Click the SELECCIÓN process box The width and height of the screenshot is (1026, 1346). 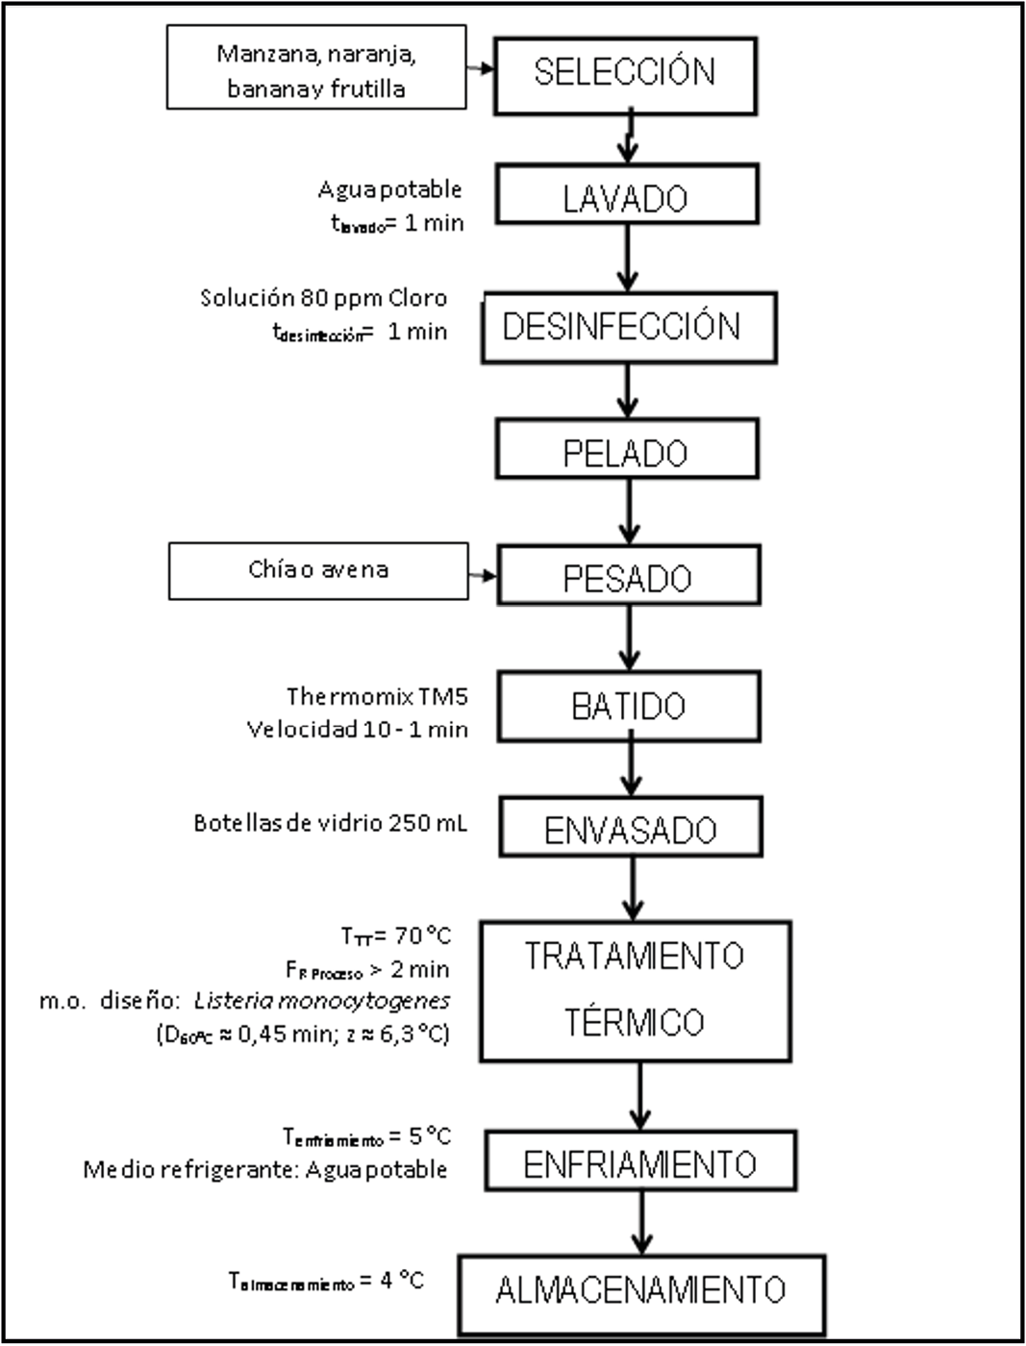click(625, 74)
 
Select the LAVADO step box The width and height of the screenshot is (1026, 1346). click(627, 195)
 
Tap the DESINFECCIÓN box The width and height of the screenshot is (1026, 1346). click(629, 327)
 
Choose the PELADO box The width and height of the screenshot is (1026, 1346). click(627, 449)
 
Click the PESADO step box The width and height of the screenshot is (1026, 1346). click(628, 576)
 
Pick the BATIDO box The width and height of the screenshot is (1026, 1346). click(629, 705)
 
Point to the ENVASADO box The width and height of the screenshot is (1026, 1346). click(630, 827)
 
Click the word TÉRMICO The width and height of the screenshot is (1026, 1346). click(634, 1022)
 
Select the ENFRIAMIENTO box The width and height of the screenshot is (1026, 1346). click(640, 1161)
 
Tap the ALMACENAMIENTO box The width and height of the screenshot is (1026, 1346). click(641, 1288)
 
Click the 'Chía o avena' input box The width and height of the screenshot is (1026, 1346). click(318, 570)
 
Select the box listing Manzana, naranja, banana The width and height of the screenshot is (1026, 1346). click(316, 67)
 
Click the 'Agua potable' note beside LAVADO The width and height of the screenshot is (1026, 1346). click(389, 189)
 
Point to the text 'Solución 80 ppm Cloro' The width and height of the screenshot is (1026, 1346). click(323, 298)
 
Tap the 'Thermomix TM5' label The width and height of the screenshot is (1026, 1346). click(377, 695)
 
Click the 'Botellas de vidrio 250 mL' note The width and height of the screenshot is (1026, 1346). click(330, 823)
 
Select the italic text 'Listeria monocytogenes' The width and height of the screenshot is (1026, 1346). click(322, 1001)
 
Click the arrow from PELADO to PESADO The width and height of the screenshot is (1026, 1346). click(629, 511)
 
